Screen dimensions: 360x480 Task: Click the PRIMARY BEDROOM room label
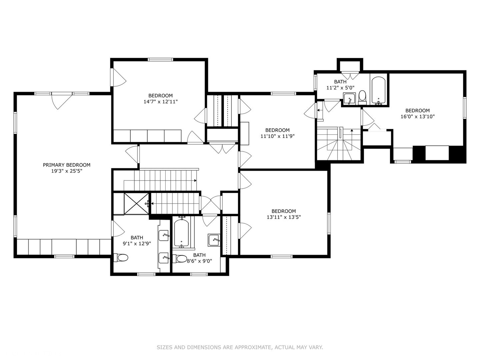tap(67, 165)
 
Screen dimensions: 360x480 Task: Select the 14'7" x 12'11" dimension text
tap(160, 102)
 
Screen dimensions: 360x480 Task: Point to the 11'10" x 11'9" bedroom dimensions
tap(277, 136)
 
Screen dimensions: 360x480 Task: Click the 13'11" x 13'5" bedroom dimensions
tap(284, 217)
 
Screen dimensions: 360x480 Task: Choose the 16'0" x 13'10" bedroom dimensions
tap(417, 117)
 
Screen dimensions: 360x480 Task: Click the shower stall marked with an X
tap(136, 203)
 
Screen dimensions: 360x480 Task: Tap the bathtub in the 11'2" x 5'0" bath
tap(378, 90)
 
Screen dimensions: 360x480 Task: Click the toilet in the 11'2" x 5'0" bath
tap(362, 96)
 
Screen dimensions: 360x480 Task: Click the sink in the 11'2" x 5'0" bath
tap(349, 99)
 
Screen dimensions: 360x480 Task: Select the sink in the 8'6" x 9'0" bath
tap(214, 240)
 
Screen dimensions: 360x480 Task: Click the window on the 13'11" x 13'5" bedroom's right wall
tap(329, 223)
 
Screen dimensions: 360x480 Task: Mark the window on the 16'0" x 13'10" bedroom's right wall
tap(464, 108)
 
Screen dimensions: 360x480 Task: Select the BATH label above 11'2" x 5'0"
tap(340, 82)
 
